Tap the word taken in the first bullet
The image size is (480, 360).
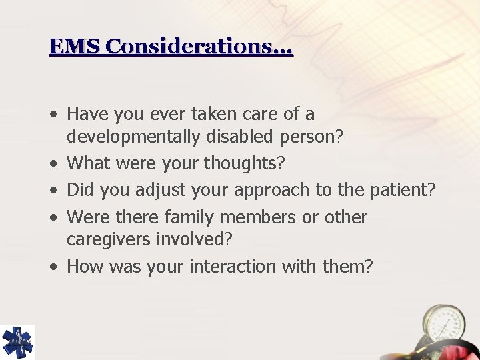point(211,114)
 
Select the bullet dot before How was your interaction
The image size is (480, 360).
point(53,267)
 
